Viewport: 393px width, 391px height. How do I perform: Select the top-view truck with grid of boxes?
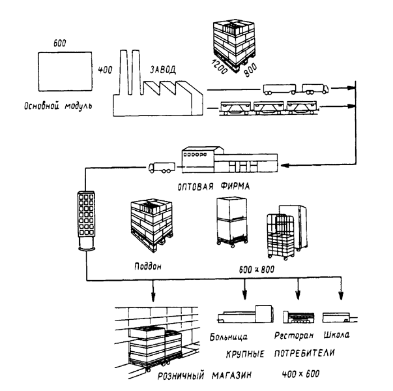(85, 220)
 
